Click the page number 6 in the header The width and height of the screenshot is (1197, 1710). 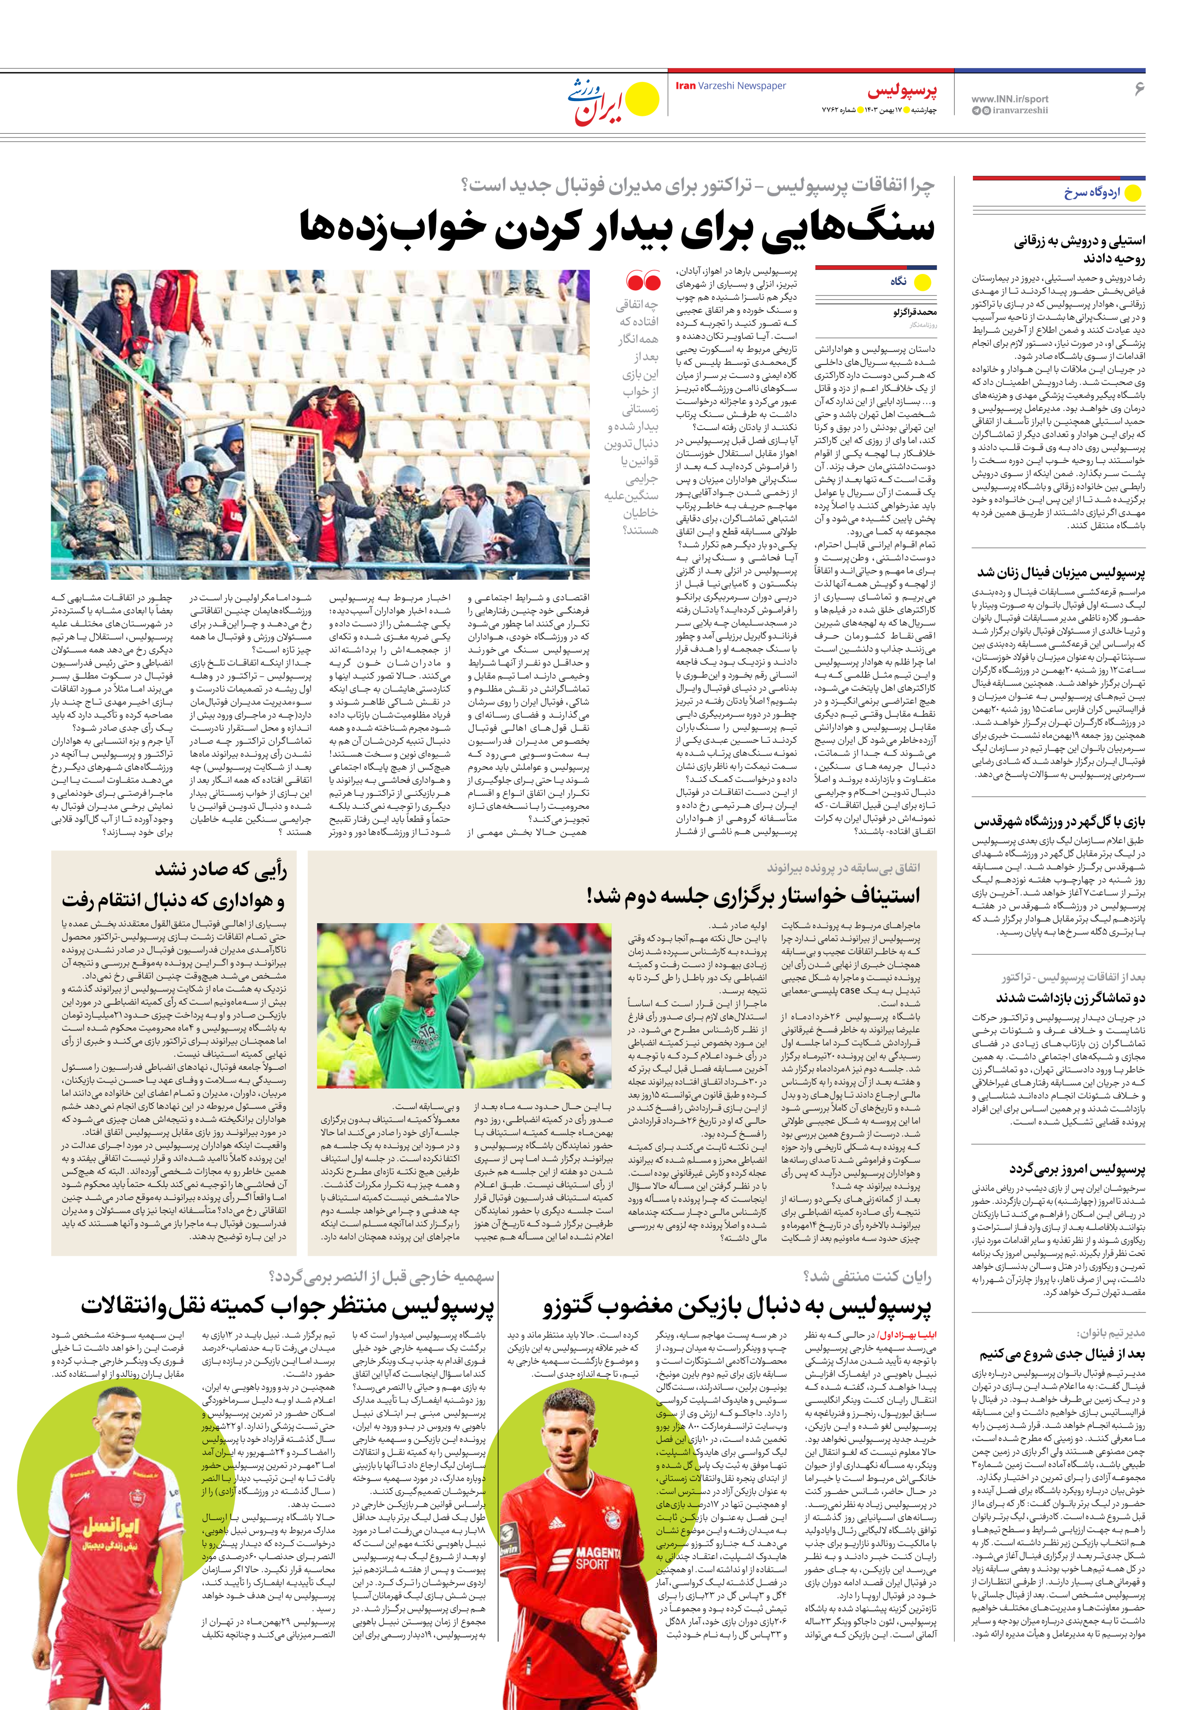click(x=1138, y=89)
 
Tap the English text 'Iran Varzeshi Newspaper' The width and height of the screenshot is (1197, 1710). click(x=730, y=86)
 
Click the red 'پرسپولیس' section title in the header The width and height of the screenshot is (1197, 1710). click(x=902, y=91)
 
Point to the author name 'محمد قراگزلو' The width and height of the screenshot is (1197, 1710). click(x=915, y=312)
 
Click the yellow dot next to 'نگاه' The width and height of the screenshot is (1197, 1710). click(x=922, y=282)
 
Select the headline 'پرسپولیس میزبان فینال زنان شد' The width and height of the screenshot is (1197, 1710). click(x=1061, y=573)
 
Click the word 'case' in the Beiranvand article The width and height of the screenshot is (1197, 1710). click(x=849, y=991)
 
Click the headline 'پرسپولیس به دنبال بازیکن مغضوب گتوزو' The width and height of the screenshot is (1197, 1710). click(x=737, y=1307)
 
